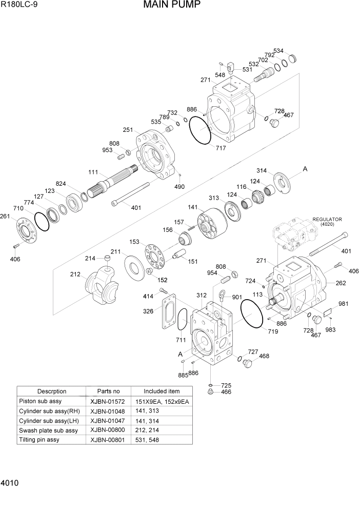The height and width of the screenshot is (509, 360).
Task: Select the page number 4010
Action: point(11,483)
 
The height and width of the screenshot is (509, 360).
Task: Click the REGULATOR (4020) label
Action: point(327,222)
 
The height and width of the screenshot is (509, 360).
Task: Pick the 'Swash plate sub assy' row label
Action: point(48,430)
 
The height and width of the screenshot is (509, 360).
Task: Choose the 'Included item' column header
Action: point(161,391)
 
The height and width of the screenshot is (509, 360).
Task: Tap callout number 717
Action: point(221,148)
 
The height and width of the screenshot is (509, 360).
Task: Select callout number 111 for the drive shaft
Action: point(93,172)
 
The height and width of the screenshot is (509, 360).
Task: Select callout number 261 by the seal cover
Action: point(5,216)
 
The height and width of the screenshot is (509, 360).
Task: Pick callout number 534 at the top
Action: point(278,51)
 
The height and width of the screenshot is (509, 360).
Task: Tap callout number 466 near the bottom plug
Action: point(226,392)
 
